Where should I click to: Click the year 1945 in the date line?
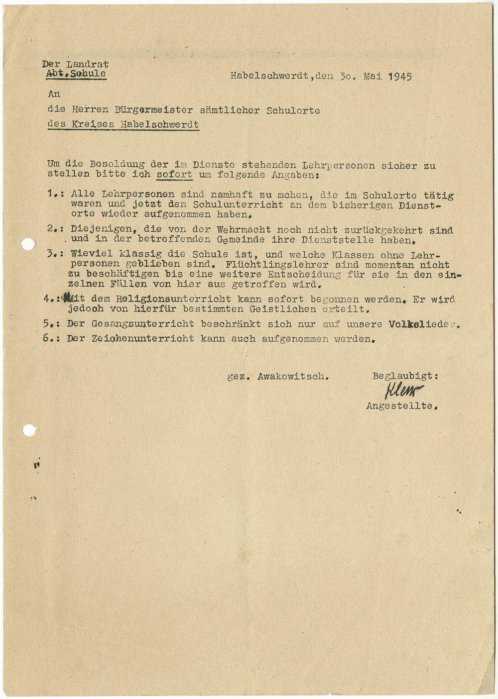(399, 77)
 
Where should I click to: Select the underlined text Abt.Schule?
(76, 74)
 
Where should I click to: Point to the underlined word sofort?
(174, 175)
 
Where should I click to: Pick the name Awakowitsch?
(293, 377)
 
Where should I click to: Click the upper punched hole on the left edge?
(28, 244)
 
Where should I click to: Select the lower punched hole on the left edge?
(29, 430)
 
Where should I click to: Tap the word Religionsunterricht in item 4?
(174, 300)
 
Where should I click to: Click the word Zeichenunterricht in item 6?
(143, 339)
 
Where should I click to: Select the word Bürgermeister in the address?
(149, 110)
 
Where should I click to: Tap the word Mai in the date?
(372, 77)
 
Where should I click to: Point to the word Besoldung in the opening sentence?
(117, 164)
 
